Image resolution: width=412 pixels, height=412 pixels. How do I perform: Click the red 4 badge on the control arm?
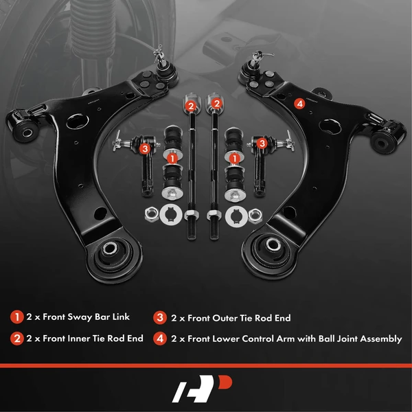coord(299,104)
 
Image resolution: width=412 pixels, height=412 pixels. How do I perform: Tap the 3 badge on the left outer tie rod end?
coord(144,147)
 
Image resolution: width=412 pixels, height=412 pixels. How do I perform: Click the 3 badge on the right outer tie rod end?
coord(262,142)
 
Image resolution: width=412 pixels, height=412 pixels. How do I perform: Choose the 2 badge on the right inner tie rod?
coord(216,104)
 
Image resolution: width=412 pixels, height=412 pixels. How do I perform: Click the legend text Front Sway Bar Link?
coord(85,318)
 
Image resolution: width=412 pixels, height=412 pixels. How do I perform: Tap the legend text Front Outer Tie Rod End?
coord(238,318)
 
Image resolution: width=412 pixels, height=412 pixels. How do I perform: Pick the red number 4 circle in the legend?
coord(159,339)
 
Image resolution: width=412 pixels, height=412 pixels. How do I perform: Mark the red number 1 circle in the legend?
coord(16,318)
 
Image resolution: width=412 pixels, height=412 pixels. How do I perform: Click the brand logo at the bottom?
coord(205,389)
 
